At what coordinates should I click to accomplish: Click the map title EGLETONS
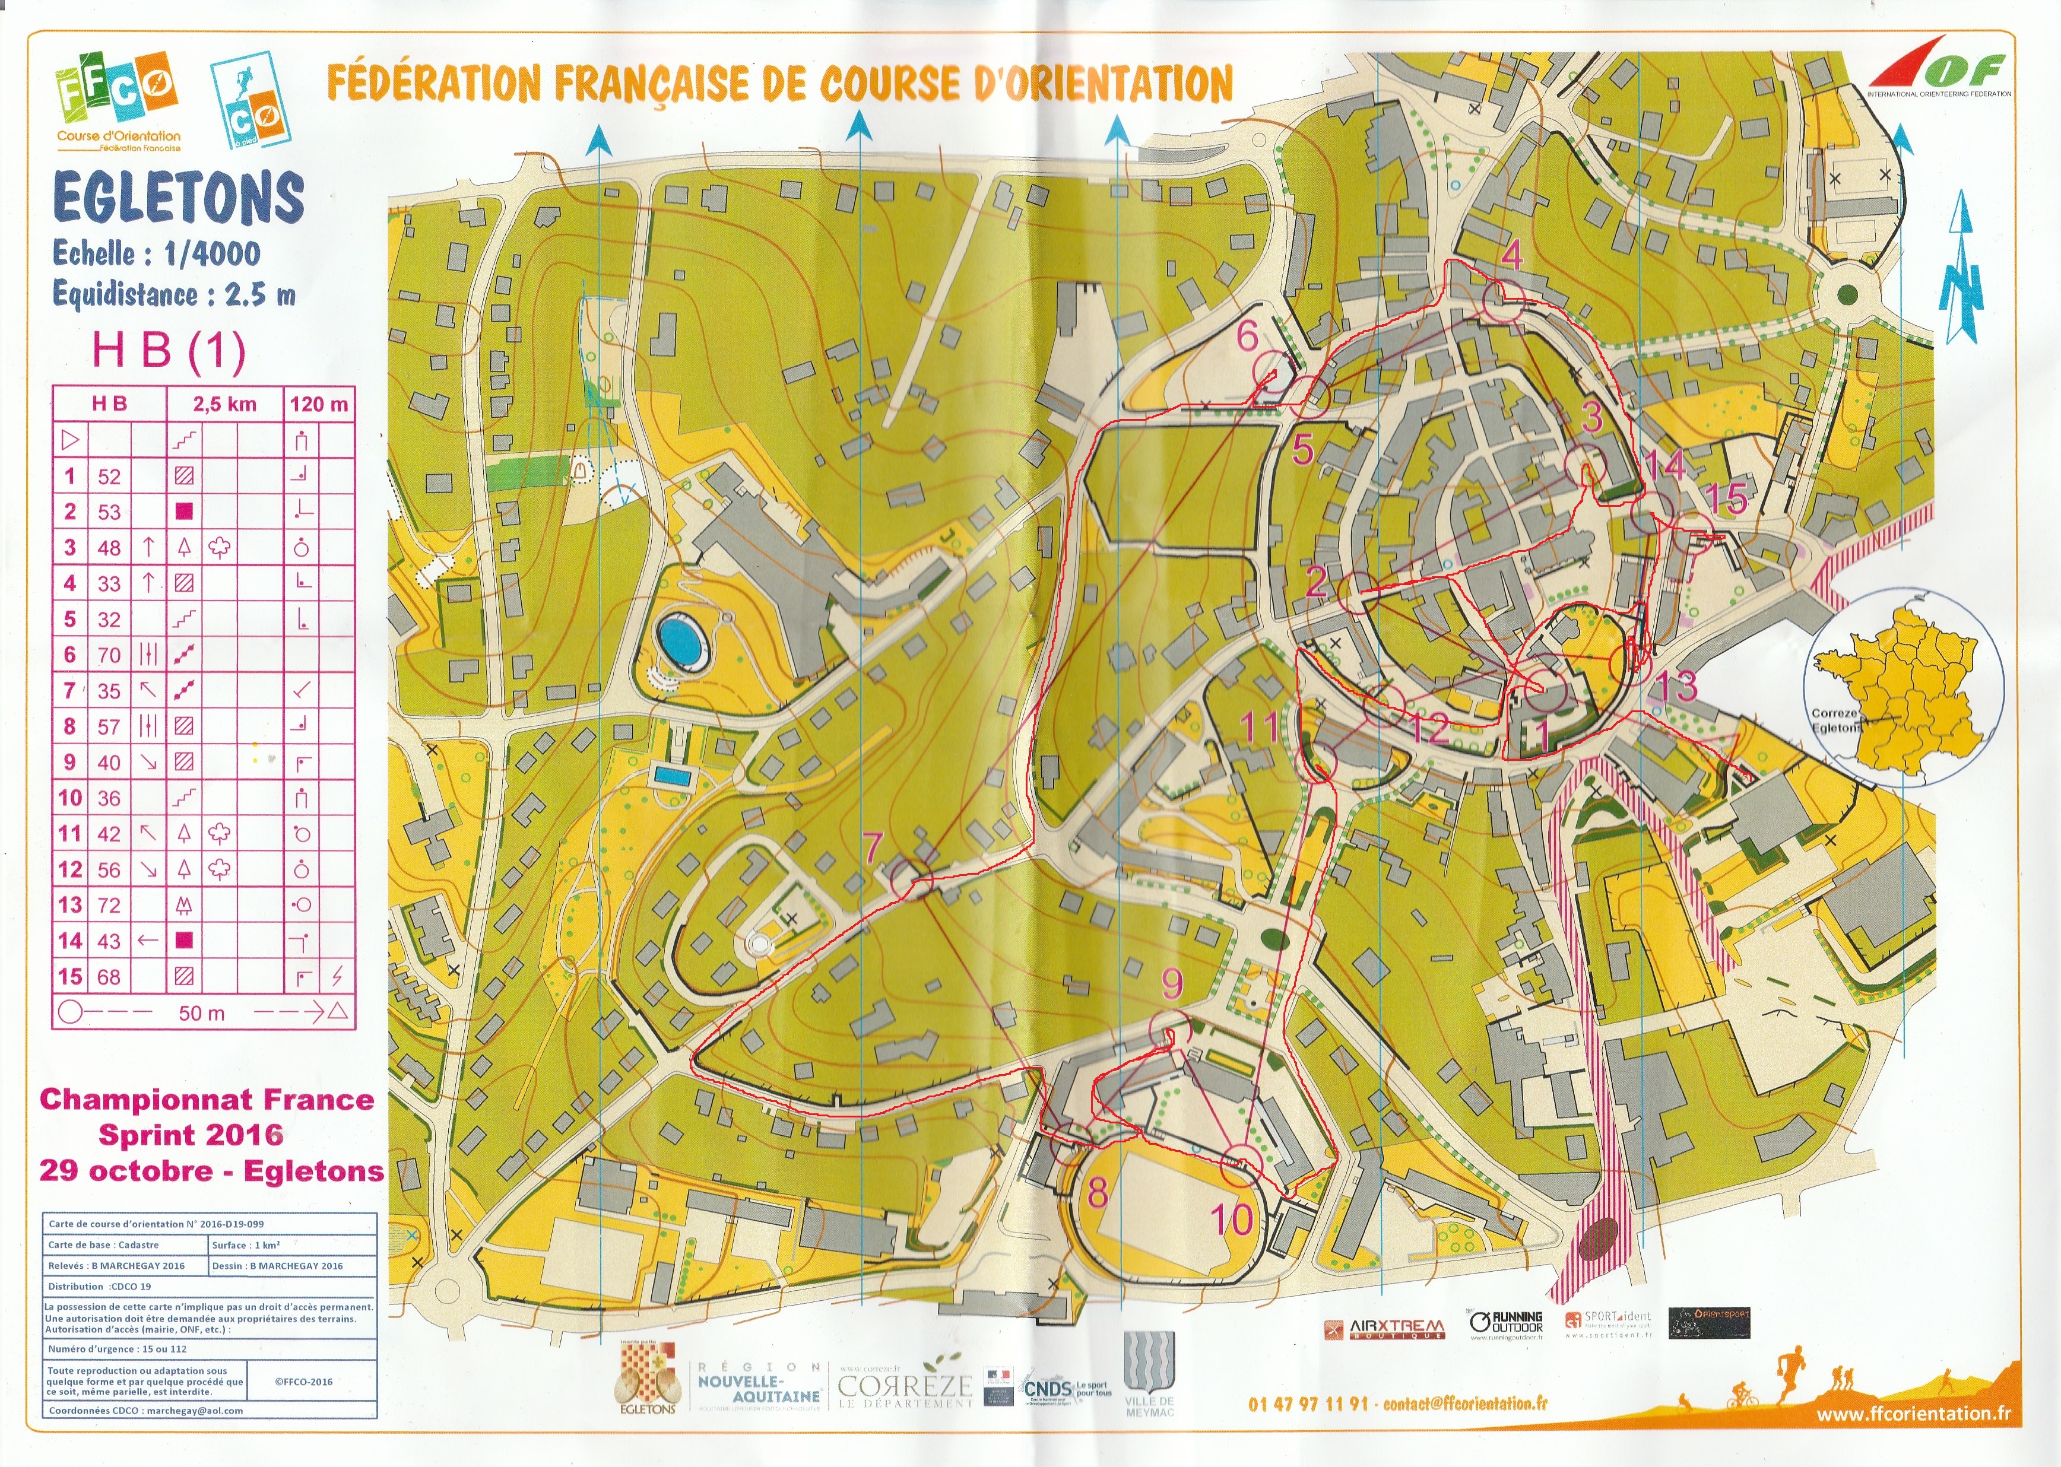178,197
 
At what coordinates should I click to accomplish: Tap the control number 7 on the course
872,848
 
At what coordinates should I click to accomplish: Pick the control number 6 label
1248,336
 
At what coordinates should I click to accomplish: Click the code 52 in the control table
109,476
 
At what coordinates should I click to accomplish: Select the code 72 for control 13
109,905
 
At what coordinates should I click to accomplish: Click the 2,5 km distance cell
225,404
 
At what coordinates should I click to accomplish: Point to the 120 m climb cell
319,404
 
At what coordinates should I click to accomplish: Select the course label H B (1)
169,351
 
